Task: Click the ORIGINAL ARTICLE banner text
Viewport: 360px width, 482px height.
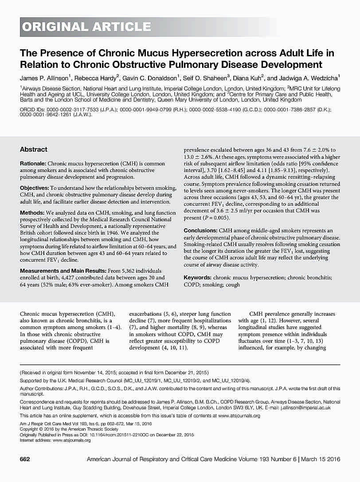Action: pyautogui.click(x=86, y=27)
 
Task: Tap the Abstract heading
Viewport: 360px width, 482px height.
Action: pyautogui.click(x=34, y=149)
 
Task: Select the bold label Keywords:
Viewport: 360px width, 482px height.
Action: pyautogui.click(x=197, y=278)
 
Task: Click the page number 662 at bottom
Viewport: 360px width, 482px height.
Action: pyautogui.click(x=25, y=471)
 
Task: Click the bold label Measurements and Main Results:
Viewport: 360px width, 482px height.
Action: pyautogui.click(x=59, y=271)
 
